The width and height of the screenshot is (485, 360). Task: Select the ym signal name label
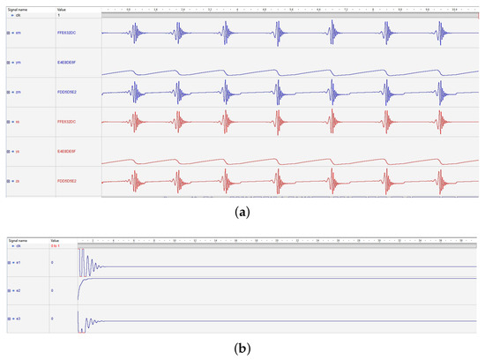tap(19, 64)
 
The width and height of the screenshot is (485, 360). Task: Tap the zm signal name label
tap(19, 93)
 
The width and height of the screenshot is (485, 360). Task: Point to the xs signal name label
tap(19, 122)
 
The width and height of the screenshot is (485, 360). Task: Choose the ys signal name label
tap(19, 152)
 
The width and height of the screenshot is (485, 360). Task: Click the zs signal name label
tap(19, 181)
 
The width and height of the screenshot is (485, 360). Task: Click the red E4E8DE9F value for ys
tap(68, 152)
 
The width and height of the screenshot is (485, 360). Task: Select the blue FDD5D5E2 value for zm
tap(68, 93)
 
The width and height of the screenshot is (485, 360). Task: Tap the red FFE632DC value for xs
tap(68, 122)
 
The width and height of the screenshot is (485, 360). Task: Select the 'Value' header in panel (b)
tap(55, 240)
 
